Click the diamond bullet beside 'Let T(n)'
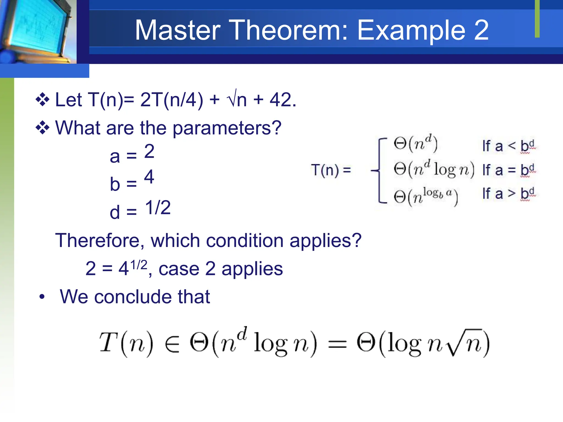pos(43,100)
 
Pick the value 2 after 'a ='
pos(149,151)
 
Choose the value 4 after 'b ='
pos(149,177)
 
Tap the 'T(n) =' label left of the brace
pos(331,170)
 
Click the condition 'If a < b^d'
pos(509,146)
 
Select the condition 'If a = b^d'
pos(509,170)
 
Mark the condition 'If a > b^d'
pos(509,194)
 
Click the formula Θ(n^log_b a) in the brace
pos(426,196)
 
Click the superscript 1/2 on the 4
pos(139,265)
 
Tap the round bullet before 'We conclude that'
pos(42,297)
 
